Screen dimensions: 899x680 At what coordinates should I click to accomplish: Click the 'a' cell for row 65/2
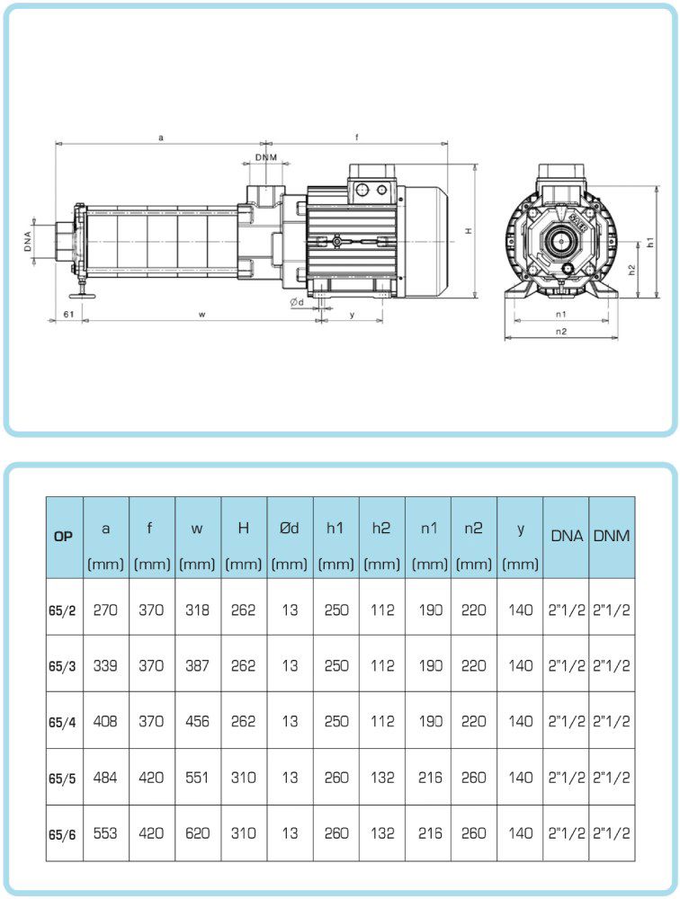(105, 610)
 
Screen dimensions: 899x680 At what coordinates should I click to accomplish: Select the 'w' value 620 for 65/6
(197, 833)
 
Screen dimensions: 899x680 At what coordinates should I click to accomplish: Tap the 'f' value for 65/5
(151, 778)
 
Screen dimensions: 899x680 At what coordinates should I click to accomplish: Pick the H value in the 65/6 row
(243, 833)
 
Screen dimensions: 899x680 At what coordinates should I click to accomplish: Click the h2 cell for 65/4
(382, 722)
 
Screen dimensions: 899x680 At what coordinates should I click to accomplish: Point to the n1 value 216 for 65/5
(429, 778)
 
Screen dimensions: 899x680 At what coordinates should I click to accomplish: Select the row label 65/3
(63, 666)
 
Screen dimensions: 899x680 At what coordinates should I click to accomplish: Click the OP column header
(63, 537)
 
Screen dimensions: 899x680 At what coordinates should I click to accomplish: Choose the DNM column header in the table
(612, 537)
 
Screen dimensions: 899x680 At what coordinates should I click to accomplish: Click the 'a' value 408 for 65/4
(105, 722)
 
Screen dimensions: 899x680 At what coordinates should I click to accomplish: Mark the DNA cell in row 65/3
(567, 666)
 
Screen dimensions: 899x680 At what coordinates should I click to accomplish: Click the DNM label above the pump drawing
(265, 157)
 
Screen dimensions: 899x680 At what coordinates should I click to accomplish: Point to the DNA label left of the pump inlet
(29, 241)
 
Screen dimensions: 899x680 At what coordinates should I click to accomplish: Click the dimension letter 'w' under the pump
(201, 314)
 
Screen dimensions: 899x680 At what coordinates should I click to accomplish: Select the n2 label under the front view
(561, 330)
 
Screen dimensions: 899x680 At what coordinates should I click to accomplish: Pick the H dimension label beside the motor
(469, 231)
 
